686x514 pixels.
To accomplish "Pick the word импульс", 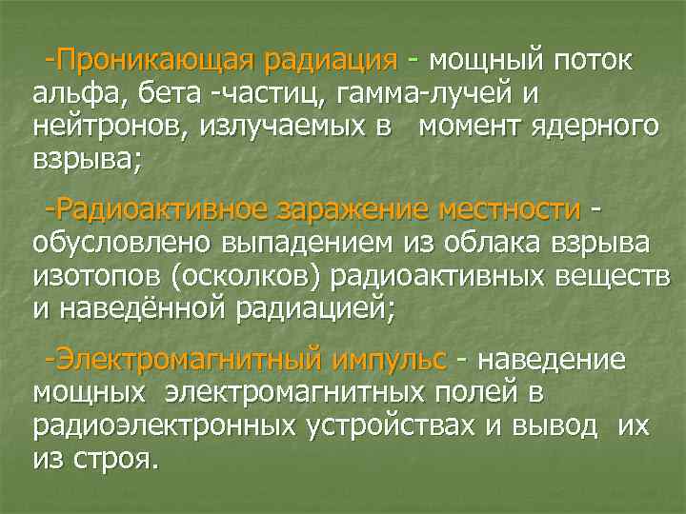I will tap(390, 359).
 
